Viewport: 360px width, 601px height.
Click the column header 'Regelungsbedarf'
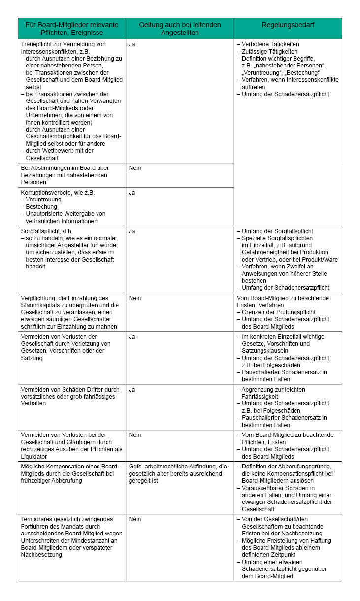coord(288,24)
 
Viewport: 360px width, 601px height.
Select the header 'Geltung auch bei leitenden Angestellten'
coord(180,29)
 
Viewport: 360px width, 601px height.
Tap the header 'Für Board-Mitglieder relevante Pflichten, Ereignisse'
coord(72,29)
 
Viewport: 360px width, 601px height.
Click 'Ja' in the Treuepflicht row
coord(132,44)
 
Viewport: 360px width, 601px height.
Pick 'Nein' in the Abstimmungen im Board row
coord(135,168)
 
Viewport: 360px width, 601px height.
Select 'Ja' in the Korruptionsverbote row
coord(132,193)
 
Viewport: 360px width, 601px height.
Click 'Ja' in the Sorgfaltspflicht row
coord(132,231)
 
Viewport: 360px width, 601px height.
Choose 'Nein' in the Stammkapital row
coord(135,298)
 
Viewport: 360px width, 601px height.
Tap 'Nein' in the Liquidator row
coord(135,435)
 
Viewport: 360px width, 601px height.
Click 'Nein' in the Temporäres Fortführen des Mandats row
coord(135,519)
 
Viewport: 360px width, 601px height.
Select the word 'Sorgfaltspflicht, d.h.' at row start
coord(47,231)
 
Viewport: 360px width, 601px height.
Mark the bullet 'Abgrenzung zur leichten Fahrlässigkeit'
coord(276,393)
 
